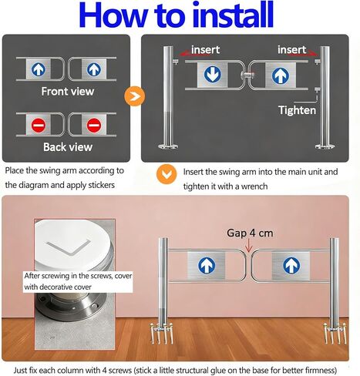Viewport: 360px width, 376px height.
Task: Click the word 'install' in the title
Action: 233,15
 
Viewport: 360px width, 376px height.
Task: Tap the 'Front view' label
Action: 68,91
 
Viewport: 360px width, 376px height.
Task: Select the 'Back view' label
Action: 68,147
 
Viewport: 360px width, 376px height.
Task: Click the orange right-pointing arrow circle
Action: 134,96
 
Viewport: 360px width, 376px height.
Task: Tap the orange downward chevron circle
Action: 167,174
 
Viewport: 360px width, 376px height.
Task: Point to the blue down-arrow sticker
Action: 213,74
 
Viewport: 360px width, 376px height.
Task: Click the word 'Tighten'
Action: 298,110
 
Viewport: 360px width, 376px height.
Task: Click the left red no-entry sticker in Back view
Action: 39,125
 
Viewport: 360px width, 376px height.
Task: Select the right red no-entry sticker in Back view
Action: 94,125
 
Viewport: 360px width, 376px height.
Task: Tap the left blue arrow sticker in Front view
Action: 39,69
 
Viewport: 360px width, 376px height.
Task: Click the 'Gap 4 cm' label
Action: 250,233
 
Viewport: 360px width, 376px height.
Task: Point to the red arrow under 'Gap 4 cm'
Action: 249,245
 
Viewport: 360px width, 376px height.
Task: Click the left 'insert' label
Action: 205,49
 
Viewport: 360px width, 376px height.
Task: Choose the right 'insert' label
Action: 292,49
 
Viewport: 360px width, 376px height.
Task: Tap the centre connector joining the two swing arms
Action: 247,76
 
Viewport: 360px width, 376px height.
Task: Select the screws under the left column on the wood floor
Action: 162,334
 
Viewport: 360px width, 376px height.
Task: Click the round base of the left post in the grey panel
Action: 168,146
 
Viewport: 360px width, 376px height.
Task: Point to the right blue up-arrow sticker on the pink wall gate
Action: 291,265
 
